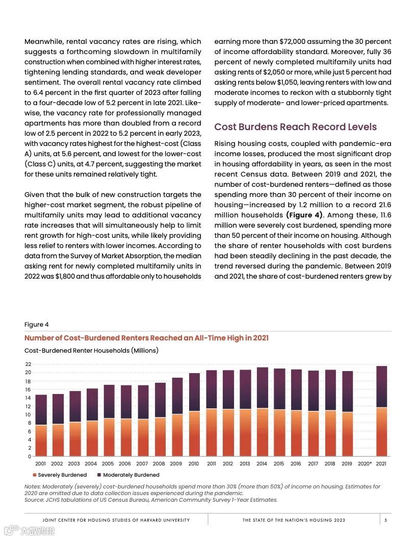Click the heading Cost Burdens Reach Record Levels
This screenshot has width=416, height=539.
click(295, 127)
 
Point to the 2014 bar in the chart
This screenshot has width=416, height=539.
click(262, 411)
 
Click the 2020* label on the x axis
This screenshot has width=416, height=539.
click(365, 464)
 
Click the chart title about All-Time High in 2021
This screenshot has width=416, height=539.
click(146, 338)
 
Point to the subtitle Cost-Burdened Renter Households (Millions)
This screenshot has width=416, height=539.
click(91, 351)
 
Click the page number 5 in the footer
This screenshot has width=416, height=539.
click(385, 520)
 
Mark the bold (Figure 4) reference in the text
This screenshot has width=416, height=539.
click(304, 215)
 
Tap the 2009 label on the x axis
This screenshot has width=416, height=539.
click(176, 464)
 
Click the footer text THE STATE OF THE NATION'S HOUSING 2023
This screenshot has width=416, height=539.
click(294, 520)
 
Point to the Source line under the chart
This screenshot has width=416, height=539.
click(151, 500)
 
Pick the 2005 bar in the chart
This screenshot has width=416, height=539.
click(108, 421)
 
